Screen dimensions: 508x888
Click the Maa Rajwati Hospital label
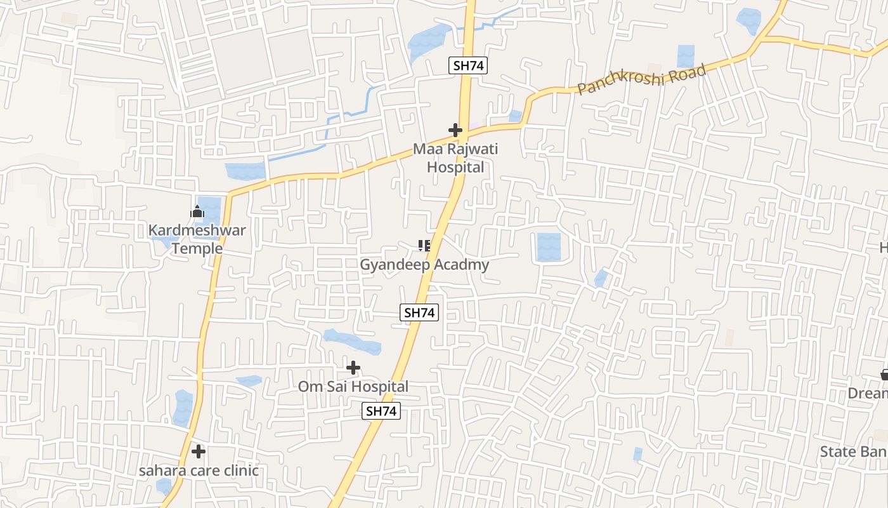coord(455,158)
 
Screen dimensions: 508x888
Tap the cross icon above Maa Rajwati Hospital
coord(455,130)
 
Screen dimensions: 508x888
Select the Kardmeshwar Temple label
coord(197,239)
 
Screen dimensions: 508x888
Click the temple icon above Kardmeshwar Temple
coord(197,211)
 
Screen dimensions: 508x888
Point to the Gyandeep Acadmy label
coord(424,265)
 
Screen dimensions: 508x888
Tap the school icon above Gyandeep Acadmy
coord(424,245)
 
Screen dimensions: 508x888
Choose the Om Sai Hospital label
coord(353,386)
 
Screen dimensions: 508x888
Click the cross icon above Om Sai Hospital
coord(353,368)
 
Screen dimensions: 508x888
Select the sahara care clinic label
coord(199,471)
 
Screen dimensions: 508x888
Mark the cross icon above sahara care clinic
coord(199,451)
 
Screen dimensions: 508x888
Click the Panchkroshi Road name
coord(642,79)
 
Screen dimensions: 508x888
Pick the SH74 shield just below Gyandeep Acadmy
coord(420,312)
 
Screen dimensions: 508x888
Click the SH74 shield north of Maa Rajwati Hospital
coord(468,65)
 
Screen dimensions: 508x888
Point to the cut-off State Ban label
coord(853,451)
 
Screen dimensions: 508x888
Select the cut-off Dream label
coord(868,394)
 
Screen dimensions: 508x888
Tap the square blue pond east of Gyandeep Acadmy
coord(549,247)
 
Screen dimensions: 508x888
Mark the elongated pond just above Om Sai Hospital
coord(352,342)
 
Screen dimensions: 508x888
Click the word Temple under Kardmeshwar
coord(197,248)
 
